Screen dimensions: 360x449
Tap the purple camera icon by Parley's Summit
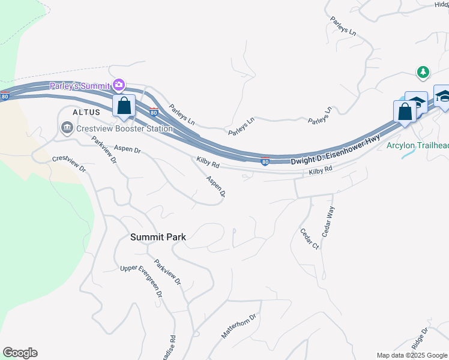pos(119,85)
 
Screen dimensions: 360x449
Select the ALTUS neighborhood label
pos(84,112)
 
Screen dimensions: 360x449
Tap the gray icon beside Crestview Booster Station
pos(66,127)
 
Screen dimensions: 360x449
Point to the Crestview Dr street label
pos(69,164)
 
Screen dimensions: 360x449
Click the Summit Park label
pos(158,237)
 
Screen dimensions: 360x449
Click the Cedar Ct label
pos(309,239)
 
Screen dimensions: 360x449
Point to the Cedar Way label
pos(328,222)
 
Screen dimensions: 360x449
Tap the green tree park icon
pos(424,72)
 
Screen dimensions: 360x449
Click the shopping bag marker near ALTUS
pos(124,106)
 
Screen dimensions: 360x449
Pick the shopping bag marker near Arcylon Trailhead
pos(405,112)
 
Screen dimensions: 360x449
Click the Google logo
pos(20,353)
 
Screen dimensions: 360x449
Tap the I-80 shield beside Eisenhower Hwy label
pos(265,161)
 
